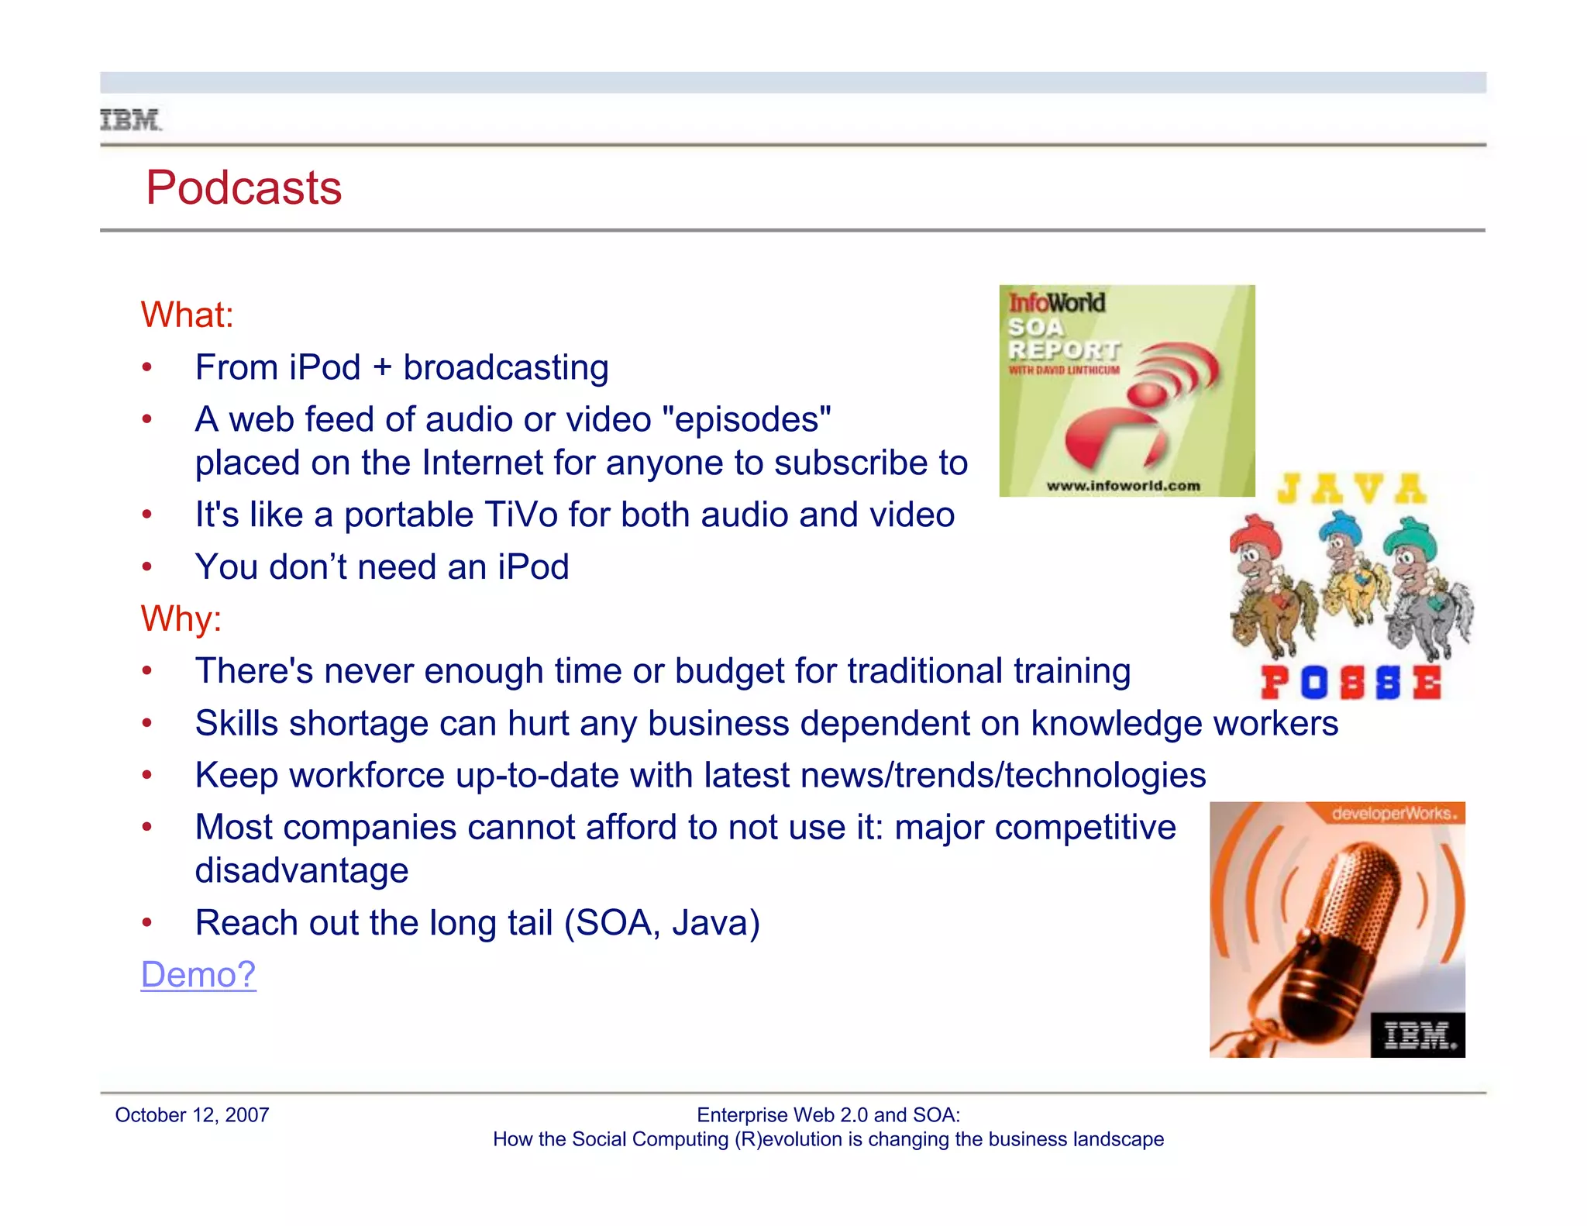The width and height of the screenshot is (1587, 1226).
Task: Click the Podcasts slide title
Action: [x=243, y=188]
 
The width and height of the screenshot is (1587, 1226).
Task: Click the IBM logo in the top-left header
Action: [x=130, y=120]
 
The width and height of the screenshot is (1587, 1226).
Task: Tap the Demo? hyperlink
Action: [x=198, y=974]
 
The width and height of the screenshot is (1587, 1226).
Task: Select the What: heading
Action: [x=187, y=315]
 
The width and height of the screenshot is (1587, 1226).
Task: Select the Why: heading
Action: [x=181, y=618]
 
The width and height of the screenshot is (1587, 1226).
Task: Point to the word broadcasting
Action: [x=505, y=367]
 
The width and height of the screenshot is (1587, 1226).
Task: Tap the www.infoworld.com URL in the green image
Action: [x=1122, y=486]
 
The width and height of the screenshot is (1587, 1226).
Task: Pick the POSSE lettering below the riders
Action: [x=1351, y=683]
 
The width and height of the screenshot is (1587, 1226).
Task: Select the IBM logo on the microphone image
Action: [x=1418, y=1035]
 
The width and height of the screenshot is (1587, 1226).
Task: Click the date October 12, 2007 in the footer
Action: [x=191, y=1115]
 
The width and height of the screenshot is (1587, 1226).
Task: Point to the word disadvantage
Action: [x=301, y=870]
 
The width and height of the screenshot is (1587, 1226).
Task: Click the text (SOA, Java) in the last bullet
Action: [x=662, y=922]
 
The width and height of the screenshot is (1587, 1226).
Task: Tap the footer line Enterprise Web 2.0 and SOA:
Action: [x=828, y=1115]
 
